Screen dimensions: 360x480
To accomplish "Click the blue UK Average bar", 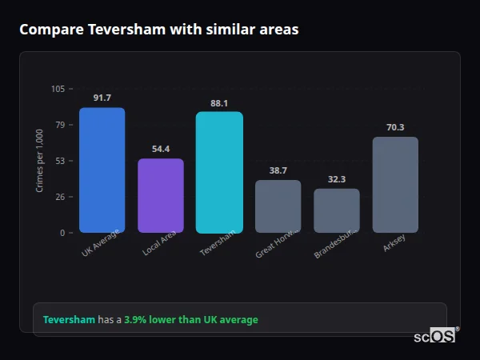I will coord(102,170).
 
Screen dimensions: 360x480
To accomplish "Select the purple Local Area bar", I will coord(161,195).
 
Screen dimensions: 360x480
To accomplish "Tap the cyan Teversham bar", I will coord(219,172).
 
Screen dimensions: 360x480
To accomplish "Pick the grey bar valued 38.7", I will coord(278,206).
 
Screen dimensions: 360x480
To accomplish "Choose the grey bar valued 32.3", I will coord(337,210).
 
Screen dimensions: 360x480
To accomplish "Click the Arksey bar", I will coord(395,185).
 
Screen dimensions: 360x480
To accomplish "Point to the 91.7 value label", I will coord(102,98).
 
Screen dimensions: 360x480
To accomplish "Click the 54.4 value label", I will coord(161,149).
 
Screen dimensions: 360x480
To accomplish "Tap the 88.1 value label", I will coord(219,102).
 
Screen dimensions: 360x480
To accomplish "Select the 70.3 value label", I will coord(395,127).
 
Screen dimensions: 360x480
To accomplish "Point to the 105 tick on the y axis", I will coord(58,89).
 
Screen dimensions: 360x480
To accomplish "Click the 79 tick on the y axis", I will coord(60,125).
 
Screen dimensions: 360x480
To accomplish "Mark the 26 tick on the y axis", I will coord(60,197).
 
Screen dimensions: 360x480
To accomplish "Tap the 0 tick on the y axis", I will coord(62,233).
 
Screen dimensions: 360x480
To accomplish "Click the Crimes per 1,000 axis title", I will coord(39,160).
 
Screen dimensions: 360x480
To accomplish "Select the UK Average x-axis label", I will coord(100,243).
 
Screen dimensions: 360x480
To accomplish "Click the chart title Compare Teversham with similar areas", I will coord(159,30).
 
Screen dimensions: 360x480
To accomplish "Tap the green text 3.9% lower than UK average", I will coord(190,320).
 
